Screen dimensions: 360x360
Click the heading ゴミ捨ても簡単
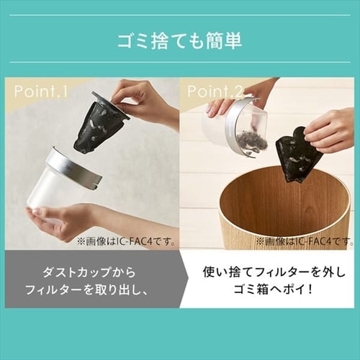[x=179, y=40]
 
